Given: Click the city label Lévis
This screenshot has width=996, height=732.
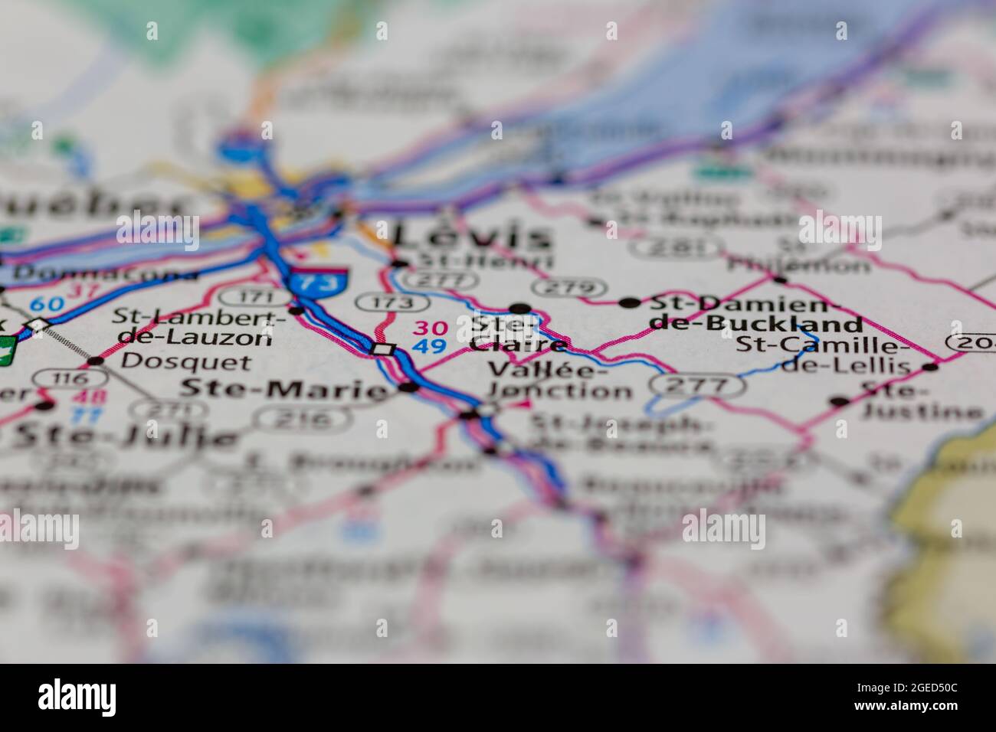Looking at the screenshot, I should [472, 236].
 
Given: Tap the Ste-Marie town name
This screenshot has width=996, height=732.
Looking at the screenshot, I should [283, 390].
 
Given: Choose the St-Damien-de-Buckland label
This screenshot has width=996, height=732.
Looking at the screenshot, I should [755, 312].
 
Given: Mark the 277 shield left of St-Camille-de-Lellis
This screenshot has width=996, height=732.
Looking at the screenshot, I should [696, 384].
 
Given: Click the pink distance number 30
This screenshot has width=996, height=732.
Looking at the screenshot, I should [430, 328].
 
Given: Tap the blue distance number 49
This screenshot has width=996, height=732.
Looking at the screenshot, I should [430, 346].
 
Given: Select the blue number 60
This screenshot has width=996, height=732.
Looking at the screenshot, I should [47, 304].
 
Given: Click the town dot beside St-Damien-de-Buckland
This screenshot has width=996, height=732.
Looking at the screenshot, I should [630, 303].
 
